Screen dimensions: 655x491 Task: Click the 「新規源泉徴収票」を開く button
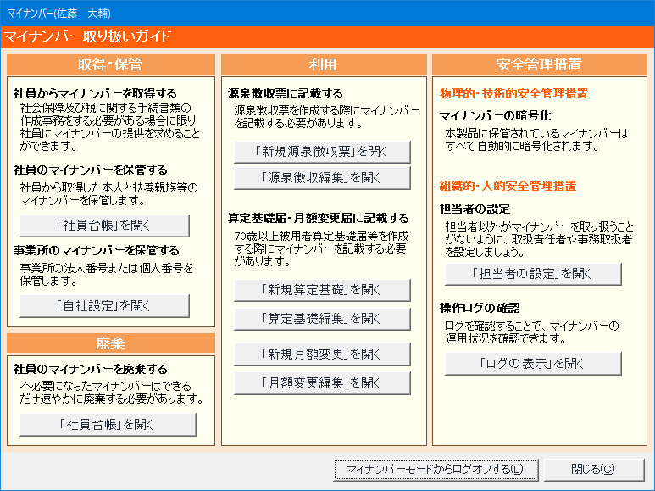[322, 152]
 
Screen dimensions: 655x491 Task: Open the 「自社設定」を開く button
[104, 306]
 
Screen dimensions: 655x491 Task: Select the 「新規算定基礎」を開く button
[322, 290]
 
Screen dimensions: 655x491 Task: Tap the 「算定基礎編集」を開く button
[322, 319]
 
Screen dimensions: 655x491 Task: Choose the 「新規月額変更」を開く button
[322, 354]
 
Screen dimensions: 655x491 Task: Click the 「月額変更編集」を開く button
[322, 383]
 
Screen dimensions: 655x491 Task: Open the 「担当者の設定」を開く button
[533, 274]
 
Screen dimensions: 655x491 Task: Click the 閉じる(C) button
[594, 470]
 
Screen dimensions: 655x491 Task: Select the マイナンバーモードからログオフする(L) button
[436, 470]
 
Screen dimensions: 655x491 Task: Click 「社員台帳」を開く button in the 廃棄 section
[108, 425]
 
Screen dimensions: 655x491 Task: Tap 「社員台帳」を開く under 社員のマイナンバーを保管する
[104, 226]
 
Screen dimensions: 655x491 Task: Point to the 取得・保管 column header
[111, 64]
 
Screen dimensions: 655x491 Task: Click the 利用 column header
[324, 64]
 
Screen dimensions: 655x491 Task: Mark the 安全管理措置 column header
[539, 64]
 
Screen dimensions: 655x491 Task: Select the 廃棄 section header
[111, 343]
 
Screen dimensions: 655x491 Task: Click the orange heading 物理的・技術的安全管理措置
[513, 93]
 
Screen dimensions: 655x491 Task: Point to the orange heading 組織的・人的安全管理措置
[508, 186]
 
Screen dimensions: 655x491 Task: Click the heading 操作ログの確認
[480, 308]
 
